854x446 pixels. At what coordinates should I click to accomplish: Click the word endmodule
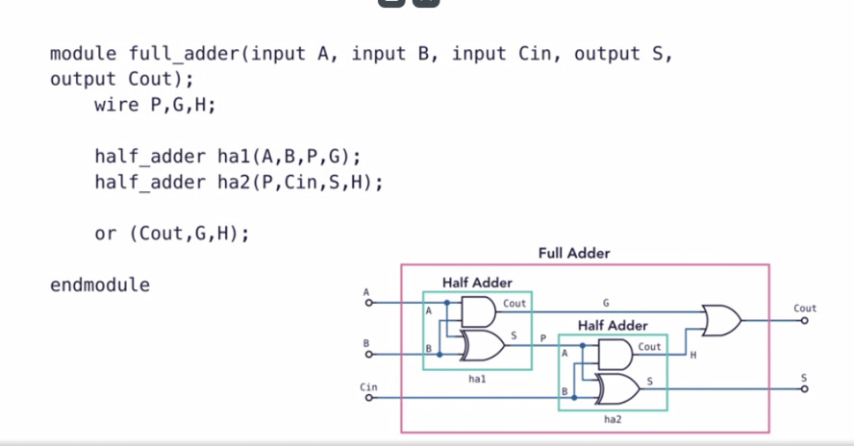point(100,285)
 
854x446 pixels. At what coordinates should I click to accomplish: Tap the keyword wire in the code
point(116,105)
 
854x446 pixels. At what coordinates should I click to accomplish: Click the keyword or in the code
point(106,234)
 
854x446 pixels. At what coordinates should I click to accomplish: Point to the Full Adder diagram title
point(574,254)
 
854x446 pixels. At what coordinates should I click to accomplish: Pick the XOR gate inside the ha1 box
point(481,343)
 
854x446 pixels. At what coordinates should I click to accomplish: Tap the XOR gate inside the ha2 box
point(617,388)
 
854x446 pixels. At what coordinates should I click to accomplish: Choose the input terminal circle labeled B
point(366,355)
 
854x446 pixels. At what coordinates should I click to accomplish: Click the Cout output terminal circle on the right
point(805,320)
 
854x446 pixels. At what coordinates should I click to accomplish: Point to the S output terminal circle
point(805,388)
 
